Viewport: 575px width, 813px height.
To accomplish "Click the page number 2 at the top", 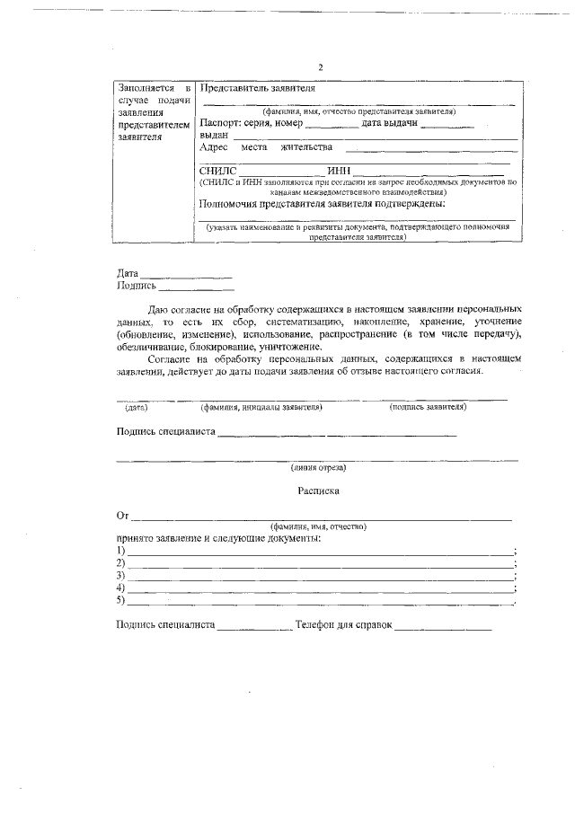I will tap(320, 67).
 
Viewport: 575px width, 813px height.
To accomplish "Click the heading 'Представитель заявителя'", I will tap(257, 90).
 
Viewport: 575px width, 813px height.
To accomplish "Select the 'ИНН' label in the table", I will tap(338, 171).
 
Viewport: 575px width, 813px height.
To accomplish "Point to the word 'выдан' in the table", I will tap(213, 135).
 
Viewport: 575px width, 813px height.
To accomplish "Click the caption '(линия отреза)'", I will tap(318, 467).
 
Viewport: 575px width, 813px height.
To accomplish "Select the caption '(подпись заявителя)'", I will tap(428, 407).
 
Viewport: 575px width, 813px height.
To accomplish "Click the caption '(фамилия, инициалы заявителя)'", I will tap(261, 407).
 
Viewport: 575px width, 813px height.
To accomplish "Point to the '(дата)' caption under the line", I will tap(137, 407).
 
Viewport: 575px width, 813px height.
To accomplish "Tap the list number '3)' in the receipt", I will tap(121, 575).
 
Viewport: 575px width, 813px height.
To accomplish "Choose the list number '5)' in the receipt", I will tap(121, 600).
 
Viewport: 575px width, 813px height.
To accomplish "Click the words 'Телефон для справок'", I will tap(345, 624).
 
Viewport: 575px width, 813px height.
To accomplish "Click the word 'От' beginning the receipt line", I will tap(123, 516).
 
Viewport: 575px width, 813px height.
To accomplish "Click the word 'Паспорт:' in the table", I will tap(219, 123).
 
